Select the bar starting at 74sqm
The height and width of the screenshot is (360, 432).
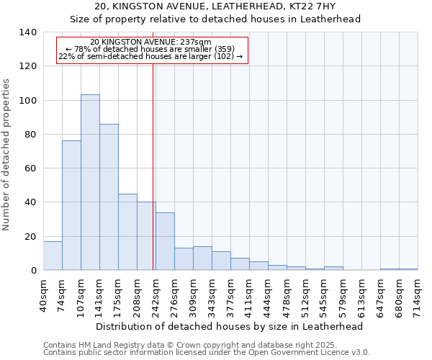point(71,205)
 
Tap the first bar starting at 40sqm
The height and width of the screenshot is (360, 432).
point(53,256)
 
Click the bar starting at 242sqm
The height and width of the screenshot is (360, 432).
point(165,241)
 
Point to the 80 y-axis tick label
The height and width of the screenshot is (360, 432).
point(30,135)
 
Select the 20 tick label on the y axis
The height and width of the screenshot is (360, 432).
point(30,237)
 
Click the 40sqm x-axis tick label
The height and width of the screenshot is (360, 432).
point(43,294)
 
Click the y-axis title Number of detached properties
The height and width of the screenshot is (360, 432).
point(7,155)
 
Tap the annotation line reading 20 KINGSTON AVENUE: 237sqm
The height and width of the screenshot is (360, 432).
point(151,42)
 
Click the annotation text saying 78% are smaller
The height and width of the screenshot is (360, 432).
point(150,49)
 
